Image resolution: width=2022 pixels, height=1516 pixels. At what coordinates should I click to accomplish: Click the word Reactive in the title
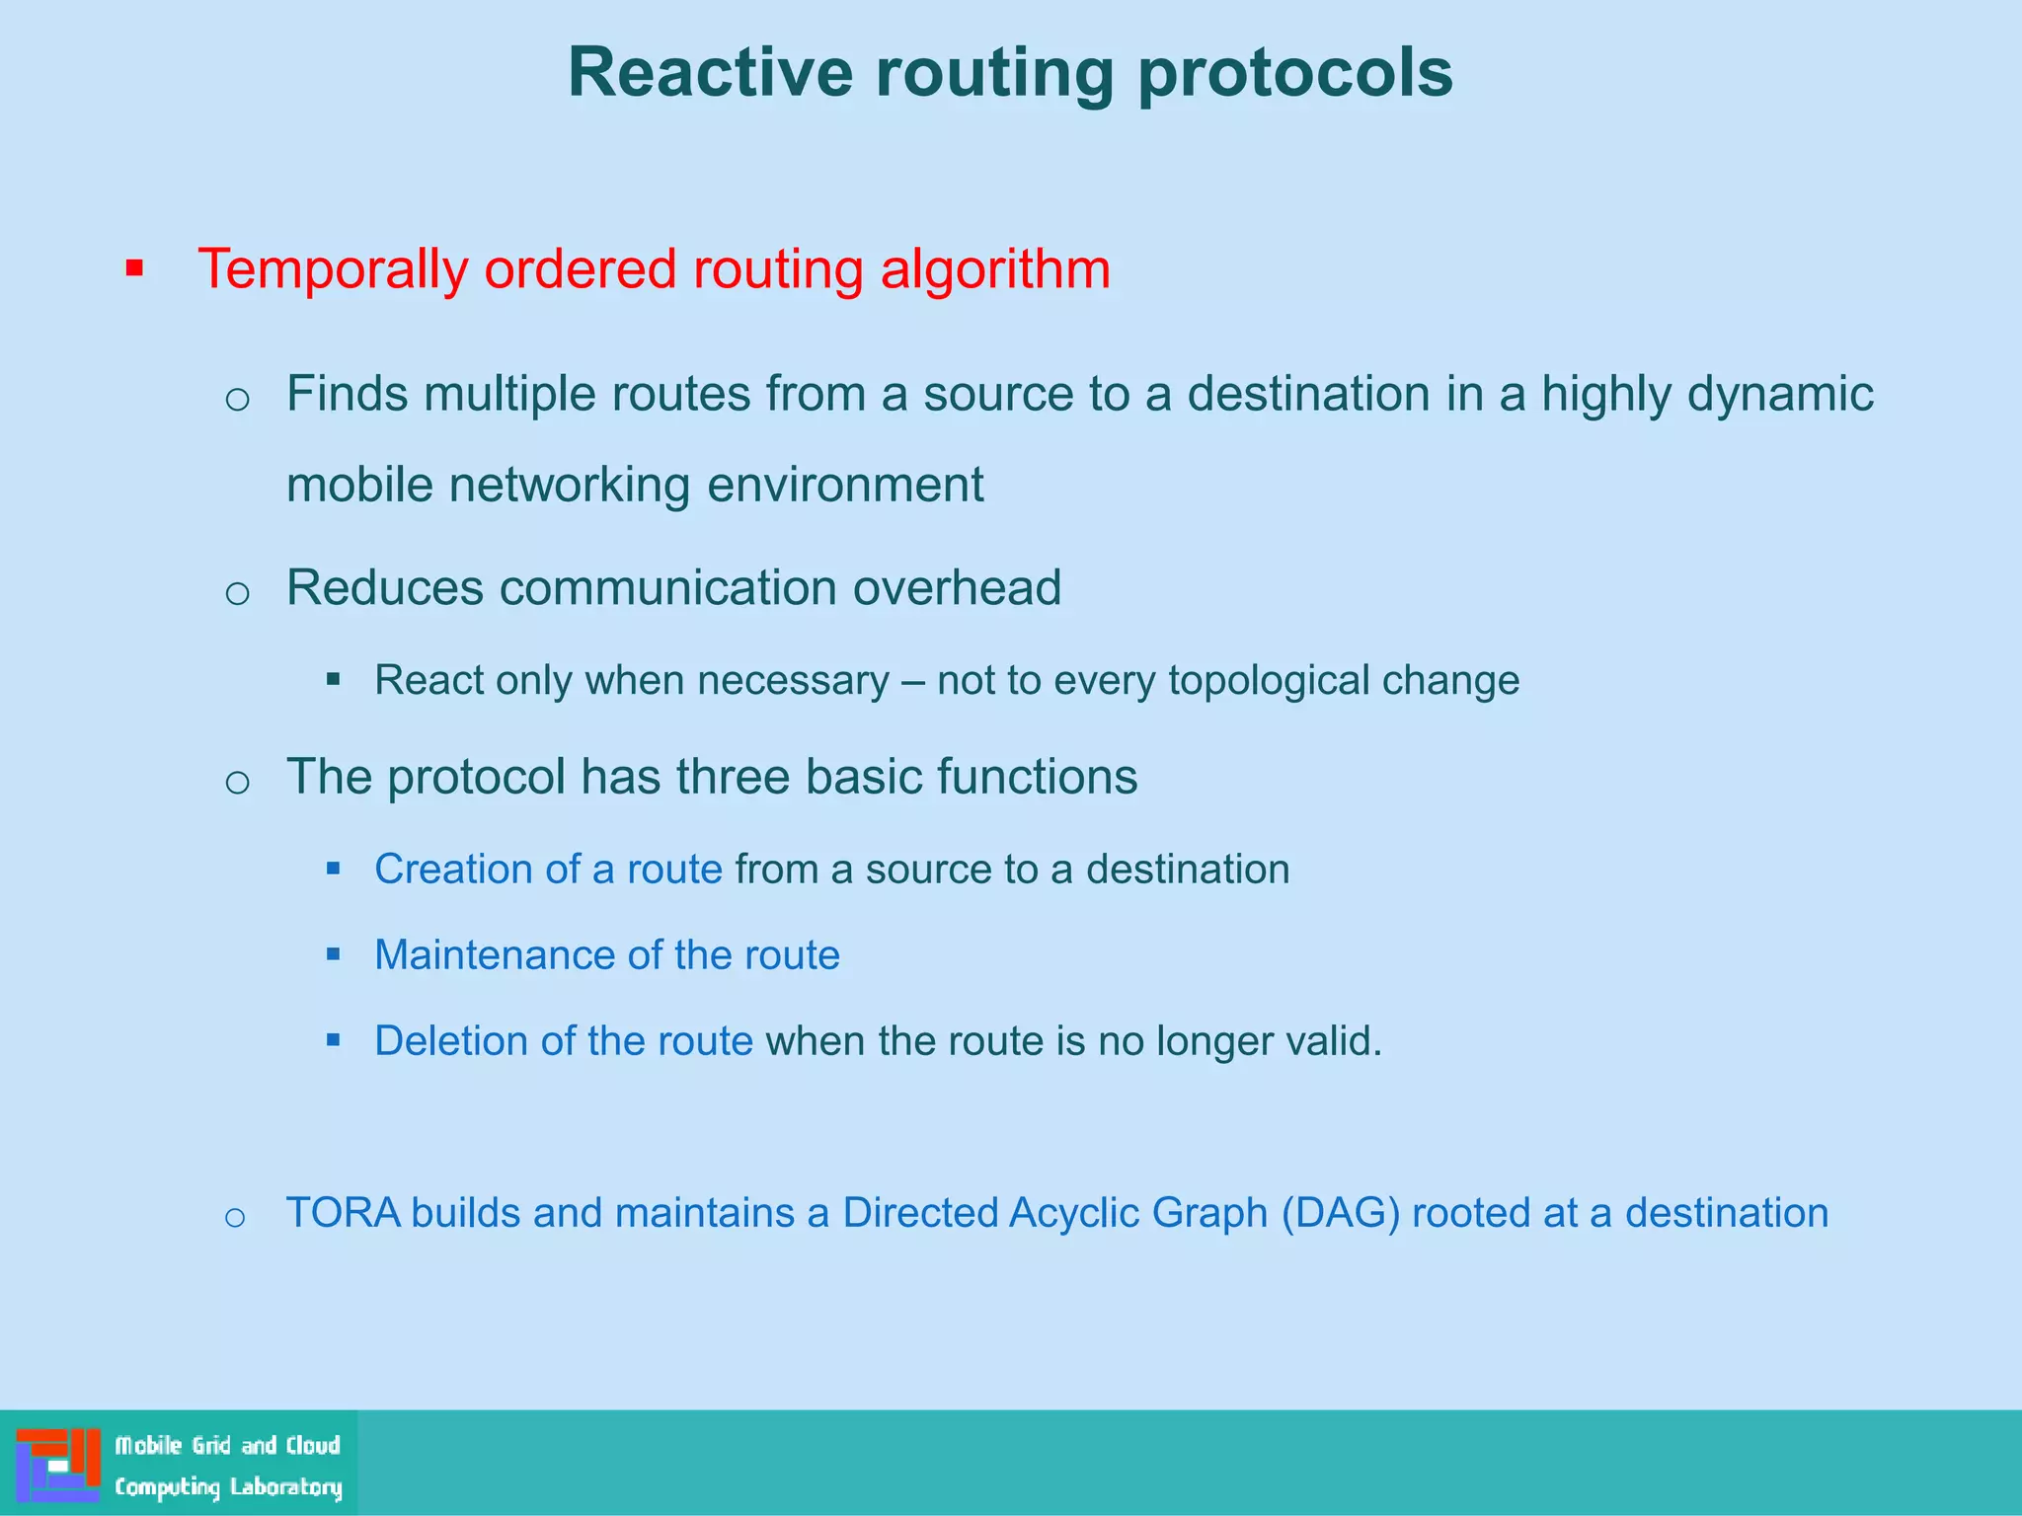(709, 72)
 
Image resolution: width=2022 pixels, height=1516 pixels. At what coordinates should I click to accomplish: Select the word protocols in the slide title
(1294, 74)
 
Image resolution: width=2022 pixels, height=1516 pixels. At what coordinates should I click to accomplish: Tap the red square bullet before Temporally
(135, 267)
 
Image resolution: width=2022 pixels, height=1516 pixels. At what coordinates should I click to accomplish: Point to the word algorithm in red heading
(994, 269)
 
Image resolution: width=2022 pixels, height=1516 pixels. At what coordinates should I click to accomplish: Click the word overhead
(957, 588)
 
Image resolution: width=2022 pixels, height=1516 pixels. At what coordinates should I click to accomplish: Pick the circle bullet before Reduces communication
(237, 593)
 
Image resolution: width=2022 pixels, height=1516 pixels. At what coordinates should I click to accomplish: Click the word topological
(1268, 681)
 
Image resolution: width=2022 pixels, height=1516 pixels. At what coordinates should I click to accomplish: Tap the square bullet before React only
(334, 679)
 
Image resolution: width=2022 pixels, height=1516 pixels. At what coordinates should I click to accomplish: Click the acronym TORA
(343, 1213)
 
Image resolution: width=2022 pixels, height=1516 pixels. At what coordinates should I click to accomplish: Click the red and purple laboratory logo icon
(57, 1465)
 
